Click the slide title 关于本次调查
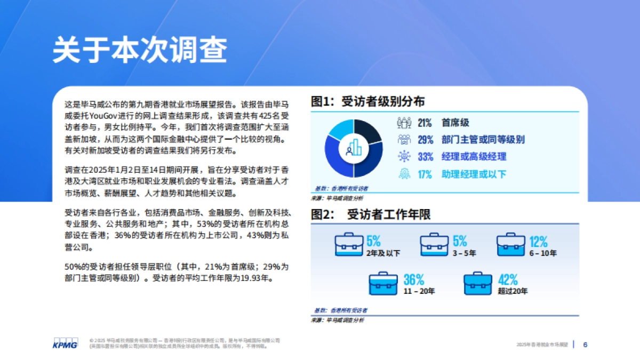(x=140, y=51)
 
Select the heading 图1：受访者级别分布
(x=368, y=101)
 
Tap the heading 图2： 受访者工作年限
(x=371, y=214)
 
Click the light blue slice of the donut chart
(x=339, y=131)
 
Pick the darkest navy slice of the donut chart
(x=367, y=131)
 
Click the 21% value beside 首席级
(x=425, y=123)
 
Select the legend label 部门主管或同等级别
(x=483, y=140)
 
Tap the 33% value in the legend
(x=425, y=157)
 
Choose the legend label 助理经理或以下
(x=474, y=174)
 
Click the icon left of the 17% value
(x=404, y=174)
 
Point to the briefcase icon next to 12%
(x=511, y=244)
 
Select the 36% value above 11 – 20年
(x=413, y=279)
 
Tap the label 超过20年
(x=513, y=291)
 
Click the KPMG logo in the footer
(x=65, y=344)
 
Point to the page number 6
(x=586, y=345)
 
